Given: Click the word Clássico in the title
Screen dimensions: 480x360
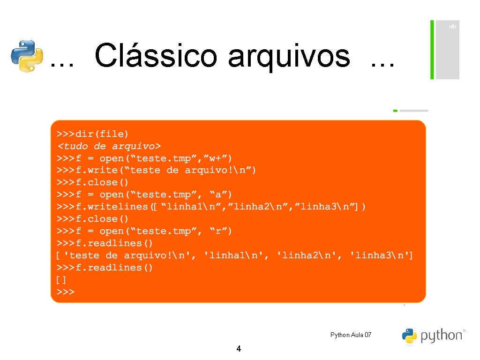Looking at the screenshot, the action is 156,56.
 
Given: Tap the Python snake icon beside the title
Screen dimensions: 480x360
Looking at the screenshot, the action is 27,56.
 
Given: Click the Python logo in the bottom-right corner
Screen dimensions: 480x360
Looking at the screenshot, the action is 433,336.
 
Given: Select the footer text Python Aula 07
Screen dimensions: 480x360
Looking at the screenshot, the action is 351,335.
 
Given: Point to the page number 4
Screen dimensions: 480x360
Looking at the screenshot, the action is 239,349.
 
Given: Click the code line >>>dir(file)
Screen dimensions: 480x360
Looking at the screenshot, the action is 93,134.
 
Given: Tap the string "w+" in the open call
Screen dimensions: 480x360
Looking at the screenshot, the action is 216,158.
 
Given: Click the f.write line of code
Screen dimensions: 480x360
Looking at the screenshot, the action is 157,170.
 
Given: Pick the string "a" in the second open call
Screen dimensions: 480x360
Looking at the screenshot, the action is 220,195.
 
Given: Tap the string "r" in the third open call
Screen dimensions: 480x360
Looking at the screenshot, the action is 220,231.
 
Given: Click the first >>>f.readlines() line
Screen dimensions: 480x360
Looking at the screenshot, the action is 105,243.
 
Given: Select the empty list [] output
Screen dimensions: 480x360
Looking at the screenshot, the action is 61,280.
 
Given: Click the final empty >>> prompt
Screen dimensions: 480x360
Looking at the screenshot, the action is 66,292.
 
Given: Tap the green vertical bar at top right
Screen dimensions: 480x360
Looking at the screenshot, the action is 432,49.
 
